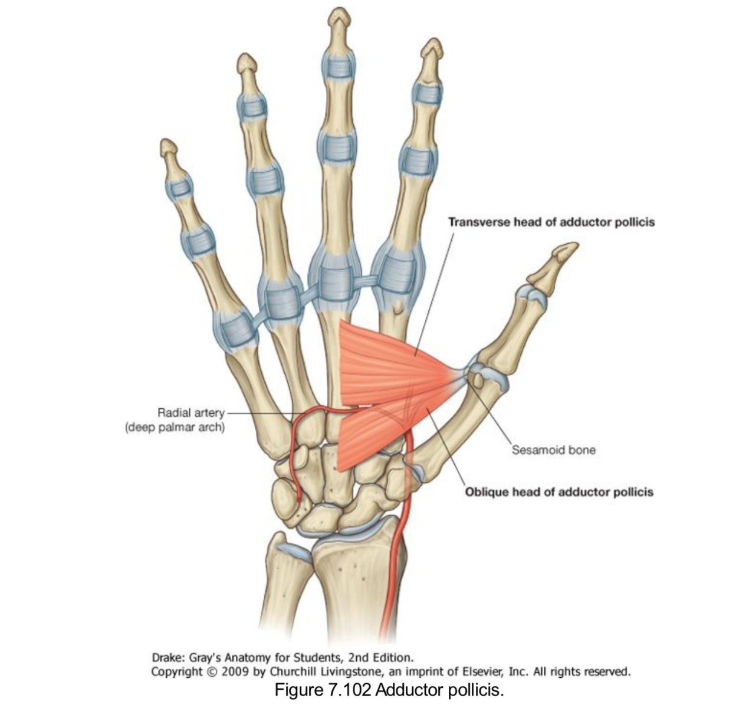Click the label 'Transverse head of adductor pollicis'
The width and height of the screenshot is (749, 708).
tap(551, 222)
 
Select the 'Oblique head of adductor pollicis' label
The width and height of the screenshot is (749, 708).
tap(559, 491)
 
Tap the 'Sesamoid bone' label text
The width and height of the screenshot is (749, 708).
tap(553, 450)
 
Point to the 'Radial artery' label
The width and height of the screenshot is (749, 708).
tap(190, 412)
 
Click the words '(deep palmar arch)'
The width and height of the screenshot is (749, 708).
tap(175, 427)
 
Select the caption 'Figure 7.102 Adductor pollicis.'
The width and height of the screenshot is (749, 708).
tap(389, 689)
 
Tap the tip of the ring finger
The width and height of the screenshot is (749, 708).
tap(246, 60)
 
